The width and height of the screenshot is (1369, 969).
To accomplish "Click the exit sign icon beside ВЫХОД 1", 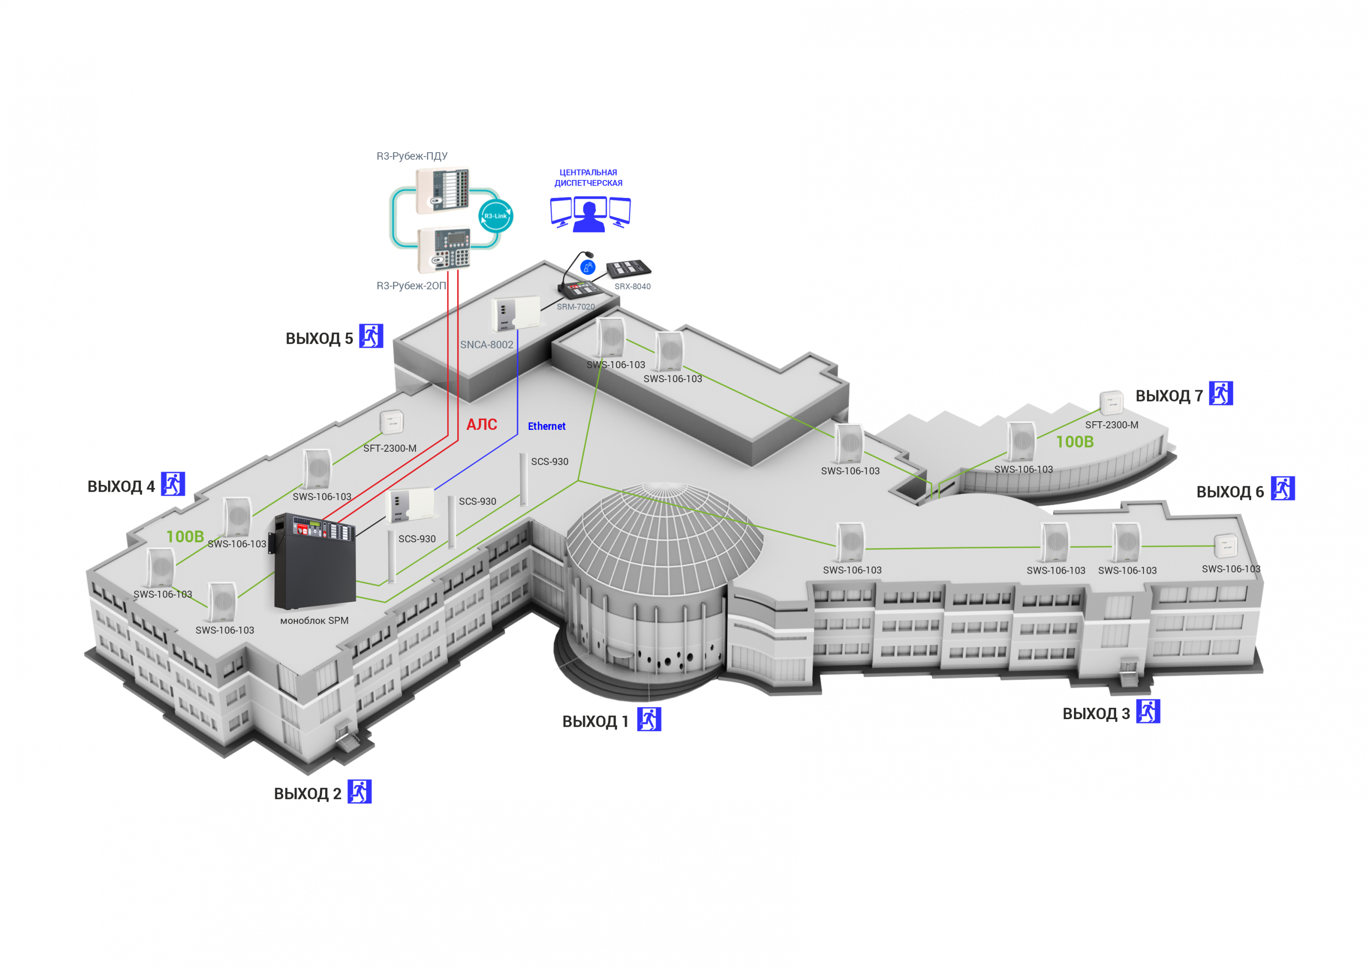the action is tap(649, 719).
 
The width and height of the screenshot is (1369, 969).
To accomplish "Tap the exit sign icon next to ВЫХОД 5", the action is tap(371, 336).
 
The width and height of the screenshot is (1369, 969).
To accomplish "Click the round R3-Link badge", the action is tap(495, 216).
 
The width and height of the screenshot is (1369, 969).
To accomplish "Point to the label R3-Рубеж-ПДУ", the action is tap(412, 156).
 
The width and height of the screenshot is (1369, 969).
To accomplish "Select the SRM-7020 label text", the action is tap(575, 307).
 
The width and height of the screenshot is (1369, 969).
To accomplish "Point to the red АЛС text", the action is tap(482, 424).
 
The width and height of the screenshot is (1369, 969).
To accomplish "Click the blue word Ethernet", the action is tap(547, 426).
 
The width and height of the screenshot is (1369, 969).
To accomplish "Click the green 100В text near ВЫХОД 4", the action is tap(185, 537).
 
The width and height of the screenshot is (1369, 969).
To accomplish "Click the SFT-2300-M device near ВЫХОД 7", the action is tap(1112, 403).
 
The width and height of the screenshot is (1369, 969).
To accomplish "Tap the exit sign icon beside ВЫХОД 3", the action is tap(1148, 711).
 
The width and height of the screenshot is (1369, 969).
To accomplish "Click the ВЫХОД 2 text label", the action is tap(307, 794).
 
